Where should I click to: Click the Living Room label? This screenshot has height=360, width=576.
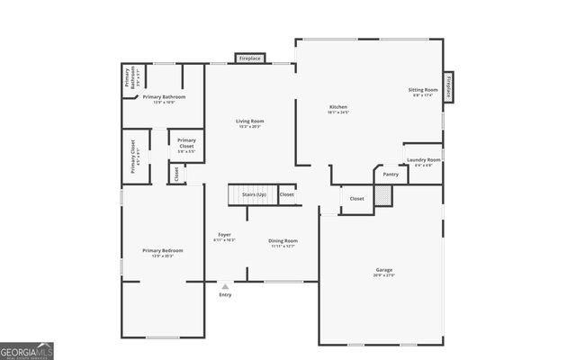coord(249,121)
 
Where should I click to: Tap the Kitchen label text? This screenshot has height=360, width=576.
coord(337,107)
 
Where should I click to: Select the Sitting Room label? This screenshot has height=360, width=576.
coord(423,90)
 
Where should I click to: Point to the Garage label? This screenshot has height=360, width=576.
coord(384,270)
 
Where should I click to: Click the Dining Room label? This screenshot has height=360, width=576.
coord(283,241)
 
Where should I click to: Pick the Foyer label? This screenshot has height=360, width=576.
coord(224,235)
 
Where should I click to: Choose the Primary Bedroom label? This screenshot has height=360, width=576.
coord(162,250)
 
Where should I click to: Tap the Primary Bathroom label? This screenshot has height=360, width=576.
coord(164,96)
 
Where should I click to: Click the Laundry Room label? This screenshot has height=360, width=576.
coord(423,160)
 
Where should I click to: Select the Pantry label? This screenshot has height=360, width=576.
coord(391,174)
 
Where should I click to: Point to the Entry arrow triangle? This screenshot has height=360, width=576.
coord(225,287)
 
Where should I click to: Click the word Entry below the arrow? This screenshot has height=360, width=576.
coord(225,295)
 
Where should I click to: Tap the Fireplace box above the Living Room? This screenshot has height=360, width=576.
coord(249,58)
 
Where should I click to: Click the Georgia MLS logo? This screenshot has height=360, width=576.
coord(24,350)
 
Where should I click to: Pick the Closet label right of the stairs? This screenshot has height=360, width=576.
coord(286,194)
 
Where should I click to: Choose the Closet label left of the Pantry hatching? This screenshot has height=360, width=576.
coord(356,198)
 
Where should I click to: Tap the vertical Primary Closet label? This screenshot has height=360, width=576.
coord(133,155)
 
